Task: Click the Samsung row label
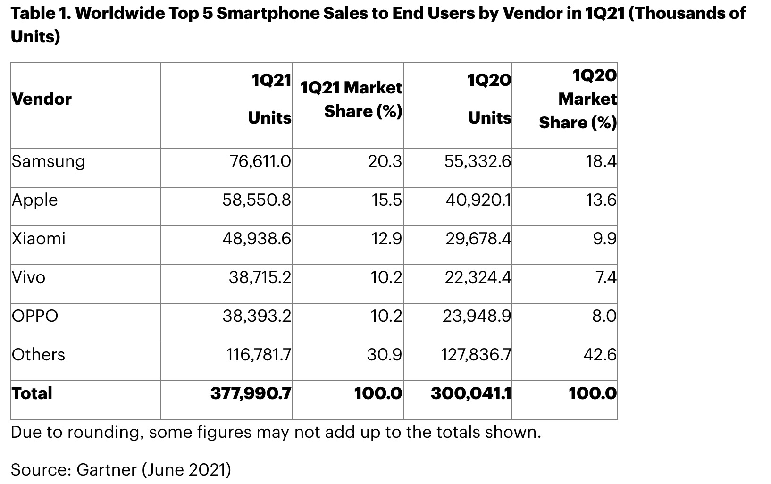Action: pyautogui.click(x=48, y=162)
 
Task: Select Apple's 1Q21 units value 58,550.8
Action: pyautogui.click(x=257, y=200)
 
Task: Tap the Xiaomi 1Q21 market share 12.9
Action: pyautogui.click(x=386, y=239)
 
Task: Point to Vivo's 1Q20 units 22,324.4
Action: pyautogui.click(x=478, y=277)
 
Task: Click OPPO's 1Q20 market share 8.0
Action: pyautogui.click(x=604, y=316)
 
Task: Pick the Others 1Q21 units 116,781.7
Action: pyautogui.click(x=259, y=355)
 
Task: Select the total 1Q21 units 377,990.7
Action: pyautogui.click(x=251, y=393)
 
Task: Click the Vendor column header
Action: pyautogui.click(x=42, y=99)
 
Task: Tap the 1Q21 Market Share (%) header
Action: pyautogui.click(x=351, y=100)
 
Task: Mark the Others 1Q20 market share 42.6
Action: pyautogui.click(x=600, y=355)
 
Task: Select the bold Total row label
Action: pyautogui.click(x=32, y=393)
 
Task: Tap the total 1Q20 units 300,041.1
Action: pyautogui.click(x=471, y=393)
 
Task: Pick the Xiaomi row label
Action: pyautogui.click(x=39, y=239)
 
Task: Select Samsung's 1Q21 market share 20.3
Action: pyautogui.click(x=385, y=162)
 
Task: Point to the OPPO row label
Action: pyautogui.click(x=35, y=316)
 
